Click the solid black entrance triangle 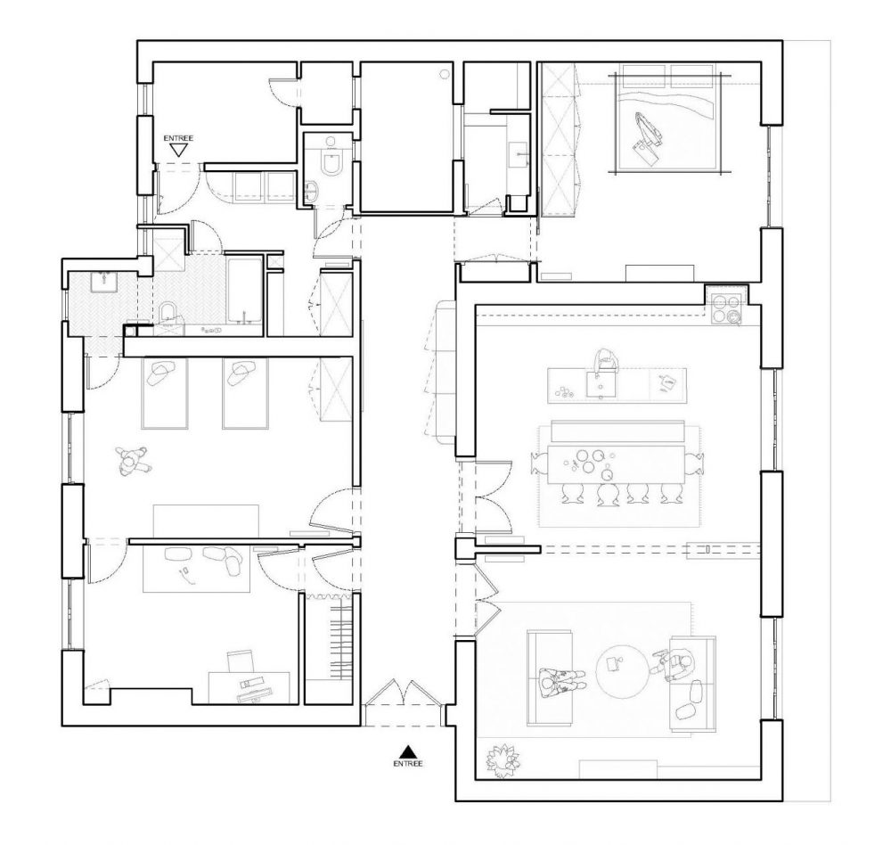tap(406, 750)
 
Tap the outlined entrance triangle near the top tap(179, 150)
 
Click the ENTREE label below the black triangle tap(408, 763)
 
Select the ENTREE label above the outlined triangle tap(178, 138)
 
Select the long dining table tap(617, 464)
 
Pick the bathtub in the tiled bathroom tap(244, 294)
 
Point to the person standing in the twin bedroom tap(134, 459)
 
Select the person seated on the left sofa tap(560, 679)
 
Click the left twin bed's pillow tap(163, 373)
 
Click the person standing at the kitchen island tap(606, 360)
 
